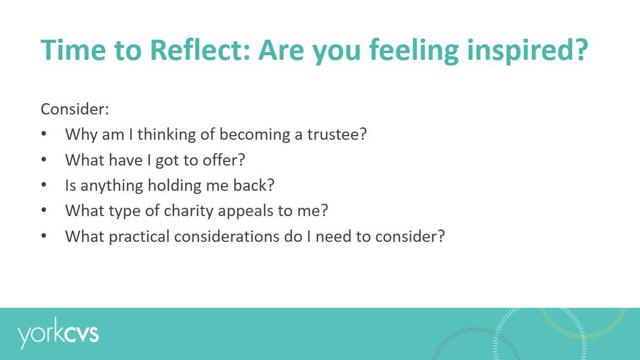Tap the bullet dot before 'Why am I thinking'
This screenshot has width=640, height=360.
tap(44, 135)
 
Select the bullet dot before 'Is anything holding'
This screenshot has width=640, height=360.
tap(44, 185)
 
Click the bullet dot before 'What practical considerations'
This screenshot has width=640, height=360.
tap(44, 236)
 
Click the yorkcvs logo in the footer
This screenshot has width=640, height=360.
tap(58, 334)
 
